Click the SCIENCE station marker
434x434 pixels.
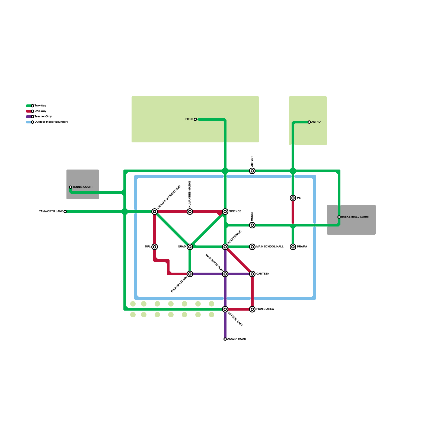point(225,212)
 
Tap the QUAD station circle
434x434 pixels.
point(190,247)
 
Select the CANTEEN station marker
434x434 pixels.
point(252,274)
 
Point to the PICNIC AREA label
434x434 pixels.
point(265,309)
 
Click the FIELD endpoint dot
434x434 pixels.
point(195,119)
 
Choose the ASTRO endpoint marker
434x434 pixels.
point(309,122)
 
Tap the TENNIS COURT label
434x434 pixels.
point(83,187)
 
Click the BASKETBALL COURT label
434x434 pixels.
point(355,217)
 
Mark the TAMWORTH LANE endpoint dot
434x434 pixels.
point(65,212)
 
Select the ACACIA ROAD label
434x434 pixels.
point(237,339)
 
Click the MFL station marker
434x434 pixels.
point(155,247)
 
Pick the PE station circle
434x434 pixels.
point(293,198)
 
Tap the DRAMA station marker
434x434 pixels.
point(293,247)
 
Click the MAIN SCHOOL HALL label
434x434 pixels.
point(270,247)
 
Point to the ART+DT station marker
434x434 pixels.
point(252,171)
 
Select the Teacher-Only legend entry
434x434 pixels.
point(43,117)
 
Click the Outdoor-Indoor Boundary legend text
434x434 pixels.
point(51,122)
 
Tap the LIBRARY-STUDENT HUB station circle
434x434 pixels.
point(155,212)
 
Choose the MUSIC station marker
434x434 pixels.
point(252,225)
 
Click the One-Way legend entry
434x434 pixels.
point(40,111)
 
